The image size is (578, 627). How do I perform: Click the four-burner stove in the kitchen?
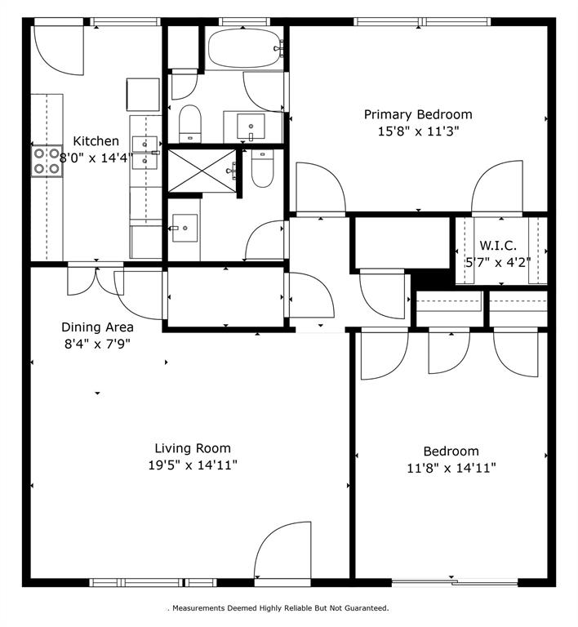(x=47, y=160)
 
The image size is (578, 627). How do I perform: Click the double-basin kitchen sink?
(x=145, y=152)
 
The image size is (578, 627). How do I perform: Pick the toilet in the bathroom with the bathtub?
(x=189, y=122)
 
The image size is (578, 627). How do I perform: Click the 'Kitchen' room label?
(x=96, y=141)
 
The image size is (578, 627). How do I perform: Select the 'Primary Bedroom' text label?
(x=417, y=114)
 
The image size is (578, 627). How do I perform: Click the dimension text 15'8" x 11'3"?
(x=418, y=131)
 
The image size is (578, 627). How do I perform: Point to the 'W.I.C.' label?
(x=497, y=246)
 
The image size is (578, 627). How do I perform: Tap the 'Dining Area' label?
(x=96, y=327)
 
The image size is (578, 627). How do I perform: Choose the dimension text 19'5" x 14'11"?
(x=193, y=465)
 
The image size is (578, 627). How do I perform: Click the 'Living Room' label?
(x=193, y=448)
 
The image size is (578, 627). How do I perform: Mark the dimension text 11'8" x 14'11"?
(x=451, y=468)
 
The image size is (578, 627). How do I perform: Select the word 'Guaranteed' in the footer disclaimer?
(x=365, y=608)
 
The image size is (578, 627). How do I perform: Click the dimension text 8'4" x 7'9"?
(x=96, y=344)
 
